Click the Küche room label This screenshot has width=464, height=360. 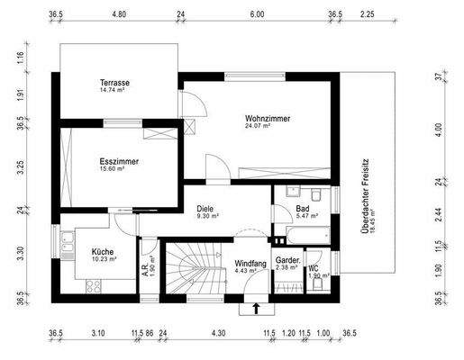pyautogui.click(x=102, y=251)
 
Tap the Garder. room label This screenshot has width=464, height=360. pyautogui.click(x=288, y=258)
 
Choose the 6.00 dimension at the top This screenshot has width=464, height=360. pyautogui.click(x=257, y=14)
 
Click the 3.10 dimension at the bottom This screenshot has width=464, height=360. pyautogui.click(x=99, y=333)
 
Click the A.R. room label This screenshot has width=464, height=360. pyautogui.click(x=145, y=265)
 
